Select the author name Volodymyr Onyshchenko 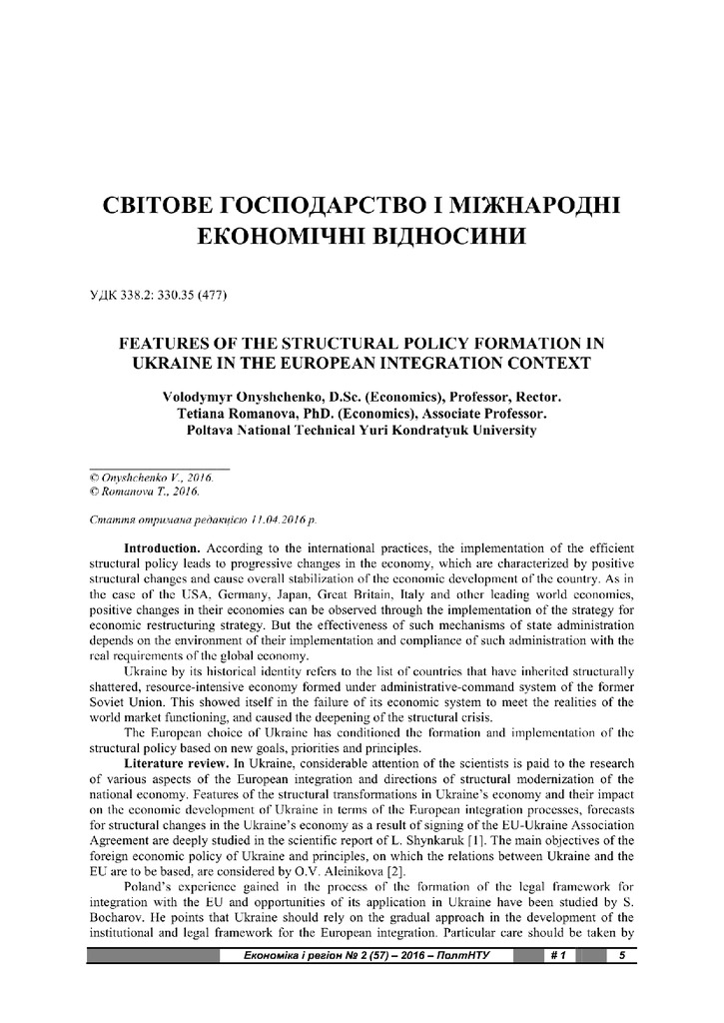pos(234,397)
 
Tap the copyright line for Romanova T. pos(144,492)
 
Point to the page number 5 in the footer pos(622,956)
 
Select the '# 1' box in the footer pos(557,956)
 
